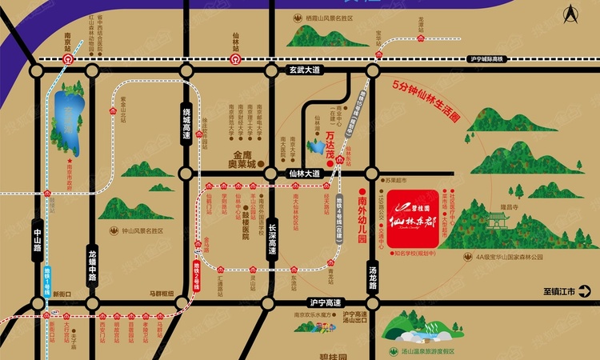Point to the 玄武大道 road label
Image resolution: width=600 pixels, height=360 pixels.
tap(303, 70)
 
